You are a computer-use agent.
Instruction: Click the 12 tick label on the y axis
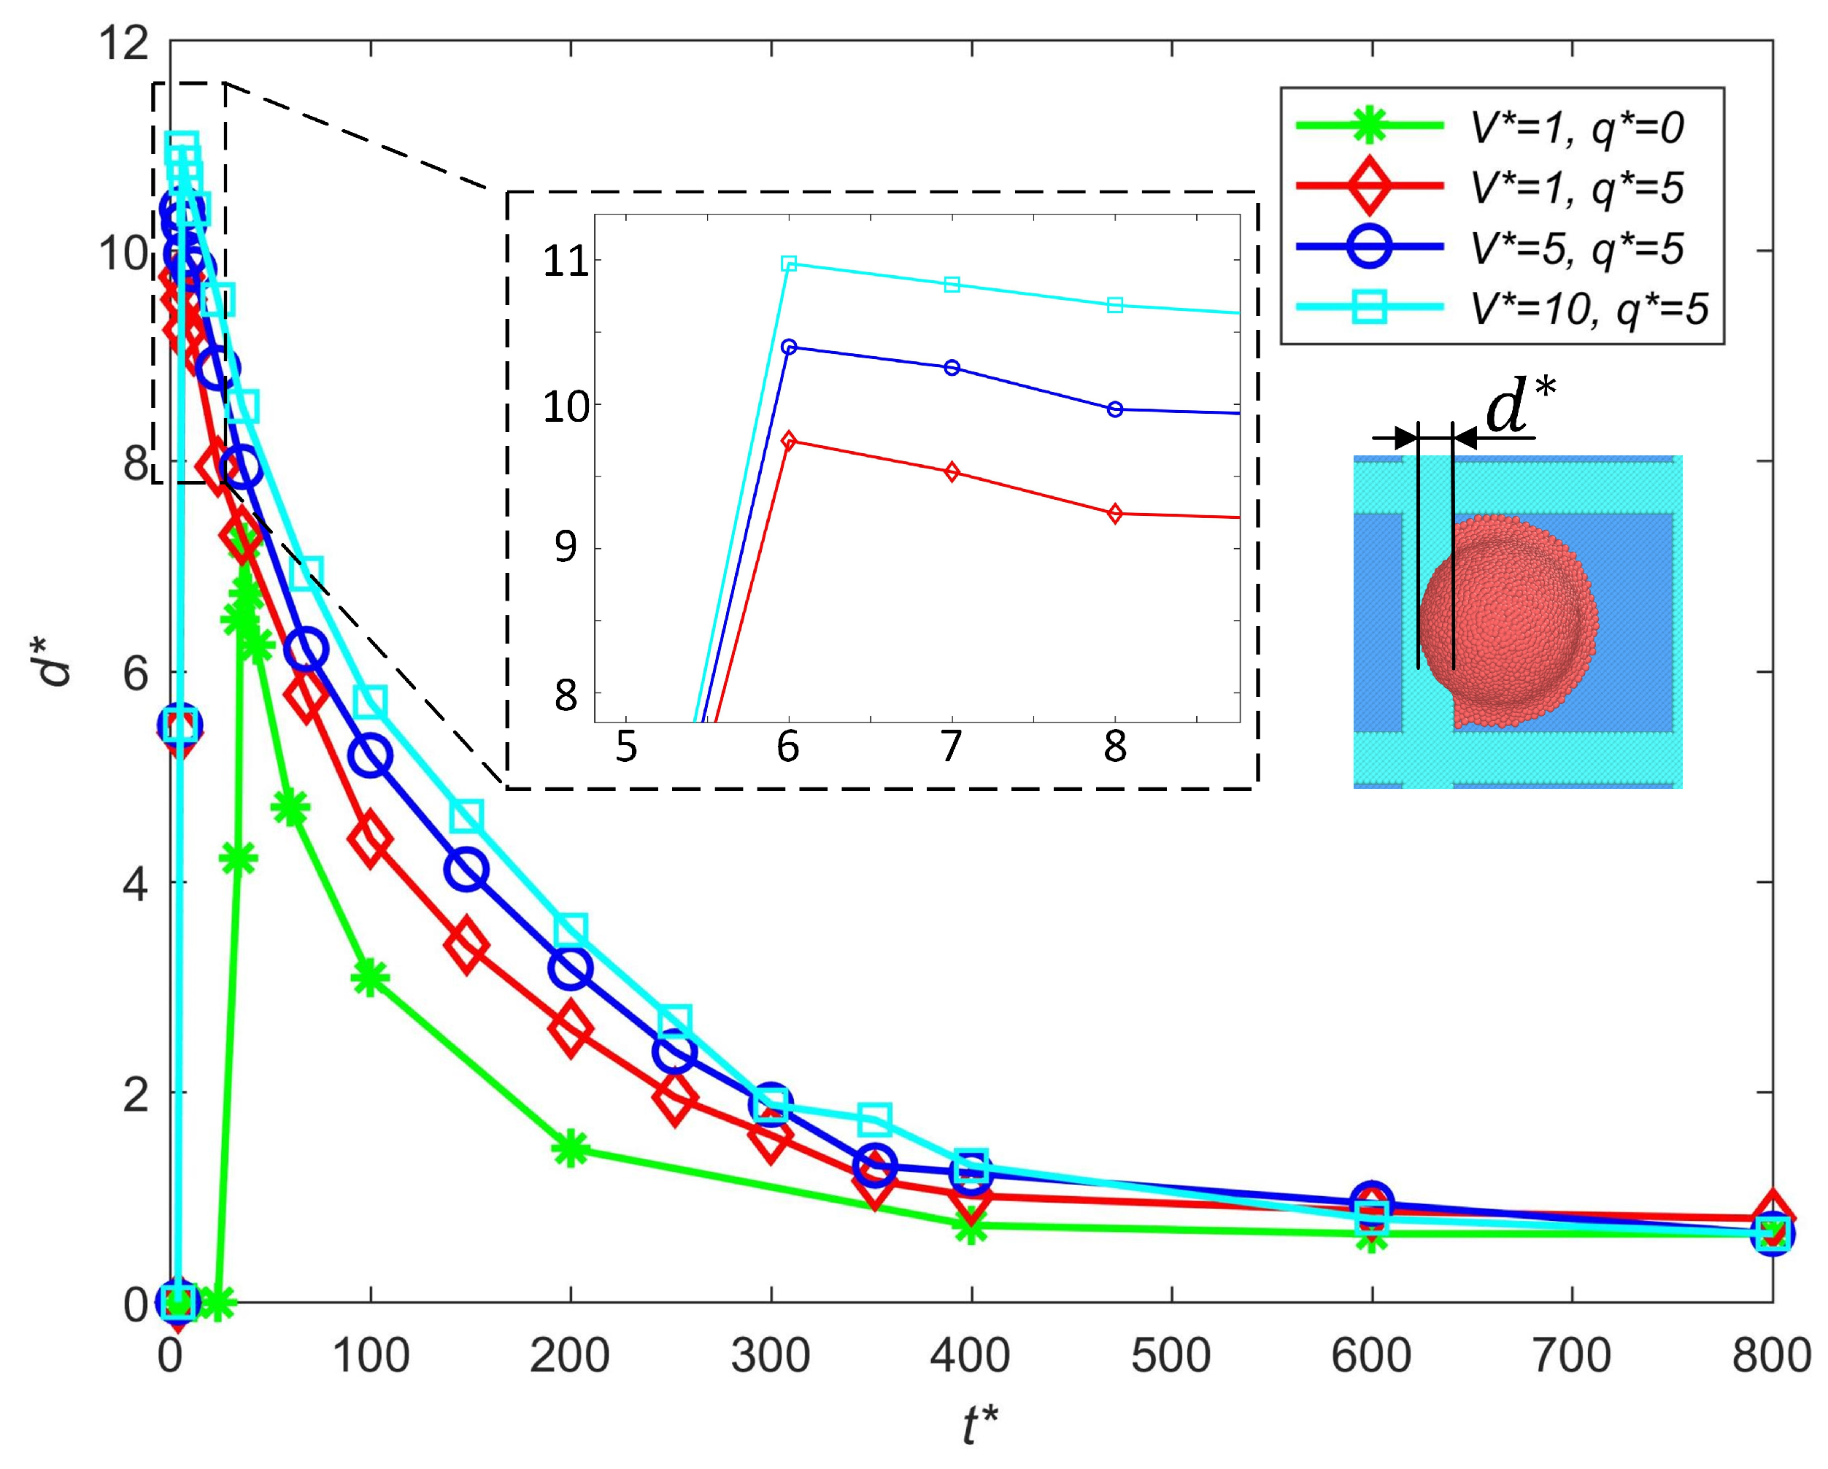tap(124, 42)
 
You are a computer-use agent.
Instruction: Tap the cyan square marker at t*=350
tap(874, 1119)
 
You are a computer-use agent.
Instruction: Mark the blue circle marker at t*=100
tap(371, 755)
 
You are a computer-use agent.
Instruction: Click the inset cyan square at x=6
tap(789, 264)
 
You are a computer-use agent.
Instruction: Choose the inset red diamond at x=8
tap(1115, 514)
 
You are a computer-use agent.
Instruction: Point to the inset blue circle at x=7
tap(952, 367)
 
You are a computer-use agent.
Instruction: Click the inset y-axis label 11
tap(566, 261)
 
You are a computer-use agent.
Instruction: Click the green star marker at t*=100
tap(371, 978)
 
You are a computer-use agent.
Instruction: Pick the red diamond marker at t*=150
tap(466, 945)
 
